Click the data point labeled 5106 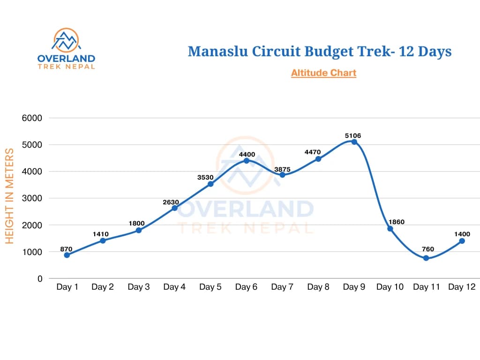(354, 142)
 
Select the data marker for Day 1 (67, 255)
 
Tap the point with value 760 (426, 258)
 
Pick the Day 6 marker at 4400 (247, 161)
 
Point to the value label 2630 (171, 202)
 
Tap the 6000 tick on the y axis (32, 118)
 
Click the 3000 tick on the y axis (32, 198)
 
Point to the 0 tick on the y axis (40, 278)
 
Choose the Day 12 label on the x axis (462, 287)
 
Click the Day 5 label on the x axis (210, 287)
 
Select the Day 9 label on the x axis (354, 287)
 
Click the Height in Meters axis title (9, 196)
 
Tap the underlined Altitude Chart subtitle (323, 73)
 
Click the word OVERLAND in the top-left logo (66, 59)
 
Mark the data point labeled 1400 (462, 241)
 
